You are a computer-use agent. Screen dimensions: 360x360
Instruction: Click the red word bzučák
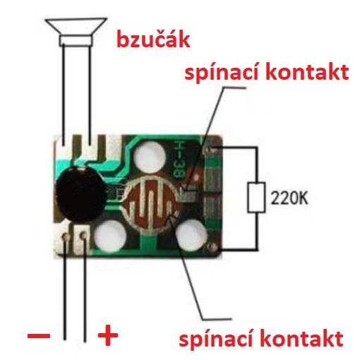[153, 40]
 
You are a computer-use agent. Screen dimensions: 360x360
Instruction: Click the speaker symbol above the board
[76, 32]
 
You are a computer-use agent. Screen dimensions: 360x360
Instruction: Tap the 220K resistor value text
[289, 198]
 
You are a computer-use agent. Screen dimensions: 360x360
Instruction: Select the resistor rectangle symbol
[256, 198]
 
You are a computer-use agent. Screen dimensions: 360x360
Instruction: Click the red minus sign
[39, 335]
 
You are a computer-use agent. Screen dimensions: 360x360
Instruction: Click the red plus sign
[108, 335]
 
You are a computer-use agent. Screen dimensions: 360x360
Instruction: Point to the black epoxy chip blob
[80, 193]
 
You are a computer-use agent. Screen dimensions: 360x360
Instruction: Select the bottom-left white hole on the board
[110, 236]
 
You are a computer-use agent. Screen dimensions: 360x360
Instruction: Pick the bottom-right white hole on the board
[191, 234]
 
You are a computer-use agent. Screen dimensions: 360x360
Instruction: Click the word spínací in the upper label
[222, 73]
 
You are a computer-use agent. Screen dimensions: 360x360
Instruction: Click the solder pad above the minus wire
[66, 236]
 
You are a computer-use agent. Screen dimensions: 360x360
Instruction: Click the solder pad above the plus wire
[83, 235]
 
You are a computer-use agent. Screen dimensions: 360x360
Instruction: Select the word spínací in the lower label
[217, 340]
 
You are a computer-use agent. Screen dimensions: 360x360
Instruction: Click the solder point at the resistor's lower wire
[213, 246]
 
